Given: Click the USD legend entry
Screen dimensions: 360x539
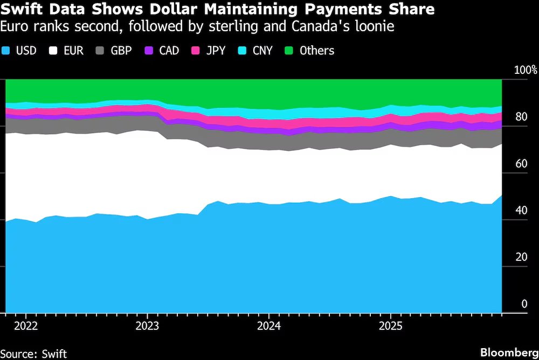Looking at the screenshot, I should coord(19,51).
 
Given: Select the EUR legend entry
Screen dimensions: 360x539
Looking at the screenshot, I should coord(66,51).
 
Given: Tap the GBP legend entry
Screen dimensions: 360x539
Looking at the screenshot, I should coord(114,51).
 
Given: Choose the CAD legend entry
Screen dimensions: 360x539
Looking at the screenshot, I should coord(162,51).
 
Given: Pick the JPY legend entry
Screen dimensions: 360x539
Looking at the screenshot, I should coord(210,51).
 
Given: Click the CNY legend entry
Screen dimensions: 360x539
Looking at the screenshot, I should coord(257,51).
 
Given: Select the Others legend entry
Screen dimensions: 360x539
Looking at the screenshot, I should coord(310,51).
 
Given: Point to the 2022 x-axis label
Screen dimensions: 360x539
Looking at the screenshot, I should coord(26,326).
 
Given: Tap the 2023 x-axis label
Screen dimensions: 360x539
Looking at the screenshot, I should coord(148,326).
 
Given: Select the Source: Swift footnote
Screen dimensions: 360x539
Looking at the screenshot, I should coord(33,353).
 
